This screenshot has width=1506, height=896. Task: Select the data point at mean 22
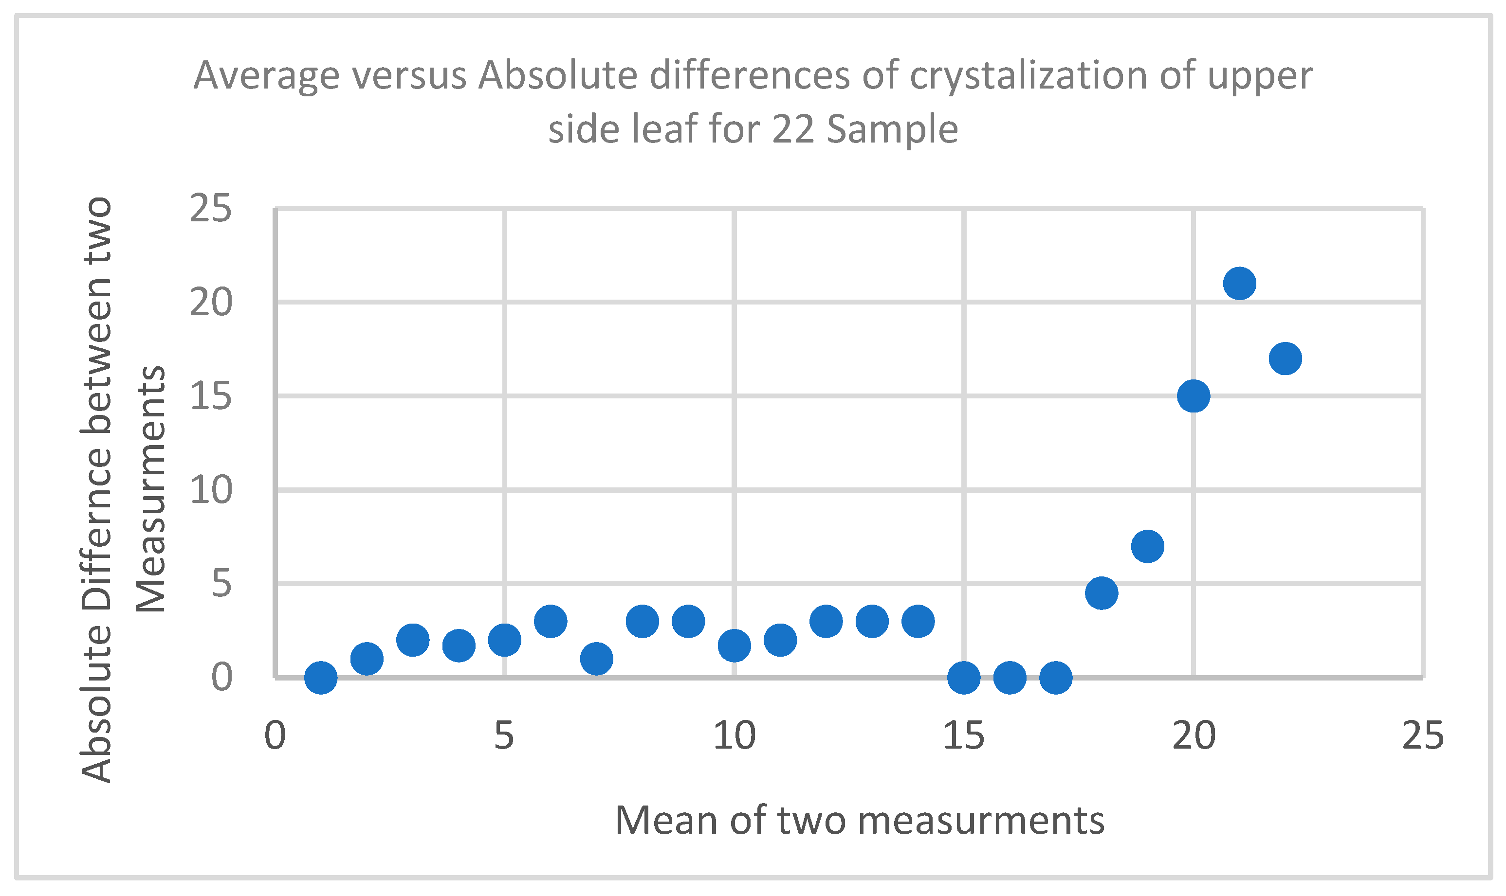(x=1285, y=358)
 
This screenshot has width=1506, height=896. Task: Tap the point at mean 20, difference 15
(x=1193, y=396)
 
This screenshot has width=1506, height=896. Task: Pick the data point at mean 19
(x=1147, y=546)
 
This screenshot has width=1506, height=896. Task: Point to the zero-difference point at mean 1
(x=321, y=678)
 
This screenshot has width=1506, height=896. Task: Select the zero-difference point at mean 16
(x=1010, y=678)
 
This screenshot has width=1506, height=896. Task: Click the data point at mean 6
(x=551, y=621)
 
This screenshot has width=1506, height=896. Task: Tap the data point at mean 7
(x=596, y=659)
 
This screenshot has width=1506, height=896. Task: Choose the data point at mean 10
(x=734, y=645)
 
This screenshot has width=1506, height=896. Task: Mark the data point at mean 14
(x=918, y=621)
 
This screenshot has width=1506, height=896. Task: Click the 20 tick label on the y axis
(x=210, y=303)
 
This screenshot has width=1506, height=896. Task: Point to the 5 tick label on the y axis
(x=221, y=584)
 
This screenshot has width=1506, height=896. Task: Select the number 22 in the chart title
(x=792, y=129)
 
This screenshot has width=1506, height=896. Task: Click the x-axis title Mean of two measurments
(x=860, y=821)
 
